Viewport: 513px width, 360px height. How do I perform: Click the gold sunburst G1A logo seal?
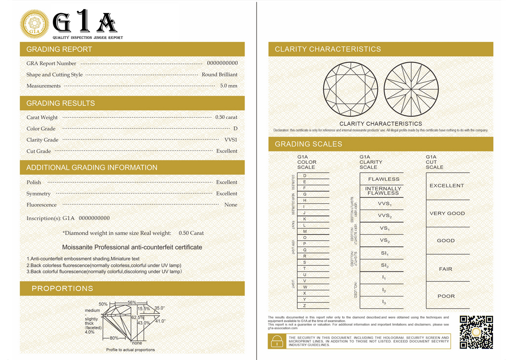[35, 25]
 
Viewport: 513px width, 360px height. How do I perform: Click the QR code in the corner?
[476, 333]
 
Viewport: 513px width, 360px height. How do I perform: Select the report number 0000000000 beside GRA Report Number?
[222, 63]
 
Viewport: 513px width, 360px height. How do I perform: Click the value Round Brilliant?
[219, 75]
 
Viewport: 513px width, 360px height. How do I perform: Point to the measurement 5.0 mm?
[229, 86]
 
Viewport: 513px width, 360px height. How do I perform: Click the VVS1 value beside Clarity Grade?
[231, 140]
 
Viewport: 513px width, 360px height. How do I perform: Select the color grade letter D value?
[235, 129]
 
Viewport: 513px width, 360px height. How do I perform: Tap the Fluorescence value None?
[231, 205]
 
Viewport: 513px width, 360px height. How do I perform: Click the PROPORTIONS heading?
[62, 289]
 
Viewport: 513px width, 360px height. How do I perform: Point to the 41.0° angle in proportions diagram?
[160, 321]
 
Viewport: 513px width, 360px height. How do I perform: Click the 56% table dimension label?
[132, 303]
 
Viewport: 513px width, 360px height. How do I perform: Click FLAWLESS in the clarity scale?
[383, 179]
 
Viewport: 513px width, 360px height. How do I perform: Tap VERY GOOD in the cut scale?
[447, 214]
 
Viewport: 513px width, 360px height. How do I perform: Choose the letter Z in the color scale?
[304, 306]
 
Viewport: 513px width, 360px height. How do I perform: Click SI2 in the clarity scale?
[385, 266]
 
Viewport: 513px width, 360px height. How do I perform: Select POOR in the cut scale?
[446, 296]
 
